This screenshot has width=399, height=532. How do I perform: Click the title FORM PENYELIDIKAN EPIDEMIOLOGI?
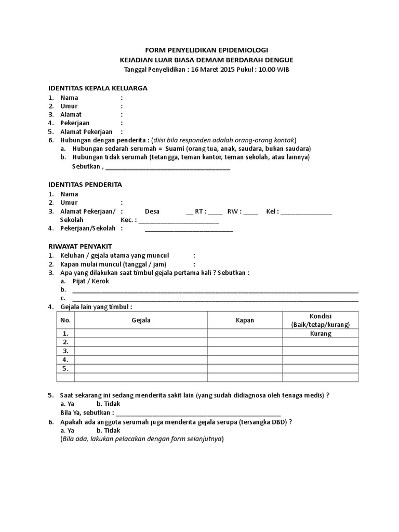(206, 50)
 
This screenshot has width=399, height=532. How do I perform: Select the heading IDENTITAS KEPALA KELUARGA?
(98, 88)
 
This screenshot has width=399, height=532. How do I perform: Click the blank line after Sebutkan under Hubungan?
(168, 167)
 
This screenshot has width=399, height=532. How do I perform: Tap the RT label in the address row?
(199, 211)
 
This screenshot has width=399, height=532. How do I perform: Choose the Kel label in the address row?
(272, 211)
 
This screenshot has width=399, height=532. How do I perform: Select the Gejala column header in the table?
(141, 320)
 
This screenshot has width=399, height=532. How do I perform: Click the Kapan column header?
(245, 320)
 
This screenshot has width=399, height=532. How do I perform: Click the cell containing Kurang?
(321, 334)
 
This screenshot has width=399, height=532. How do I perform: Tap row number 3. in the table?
(65, 351)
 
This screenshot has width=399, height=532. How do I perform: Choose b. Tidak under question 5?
(108, 404)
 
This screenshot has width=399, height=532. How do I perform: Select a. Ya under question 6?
(68, 430)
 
